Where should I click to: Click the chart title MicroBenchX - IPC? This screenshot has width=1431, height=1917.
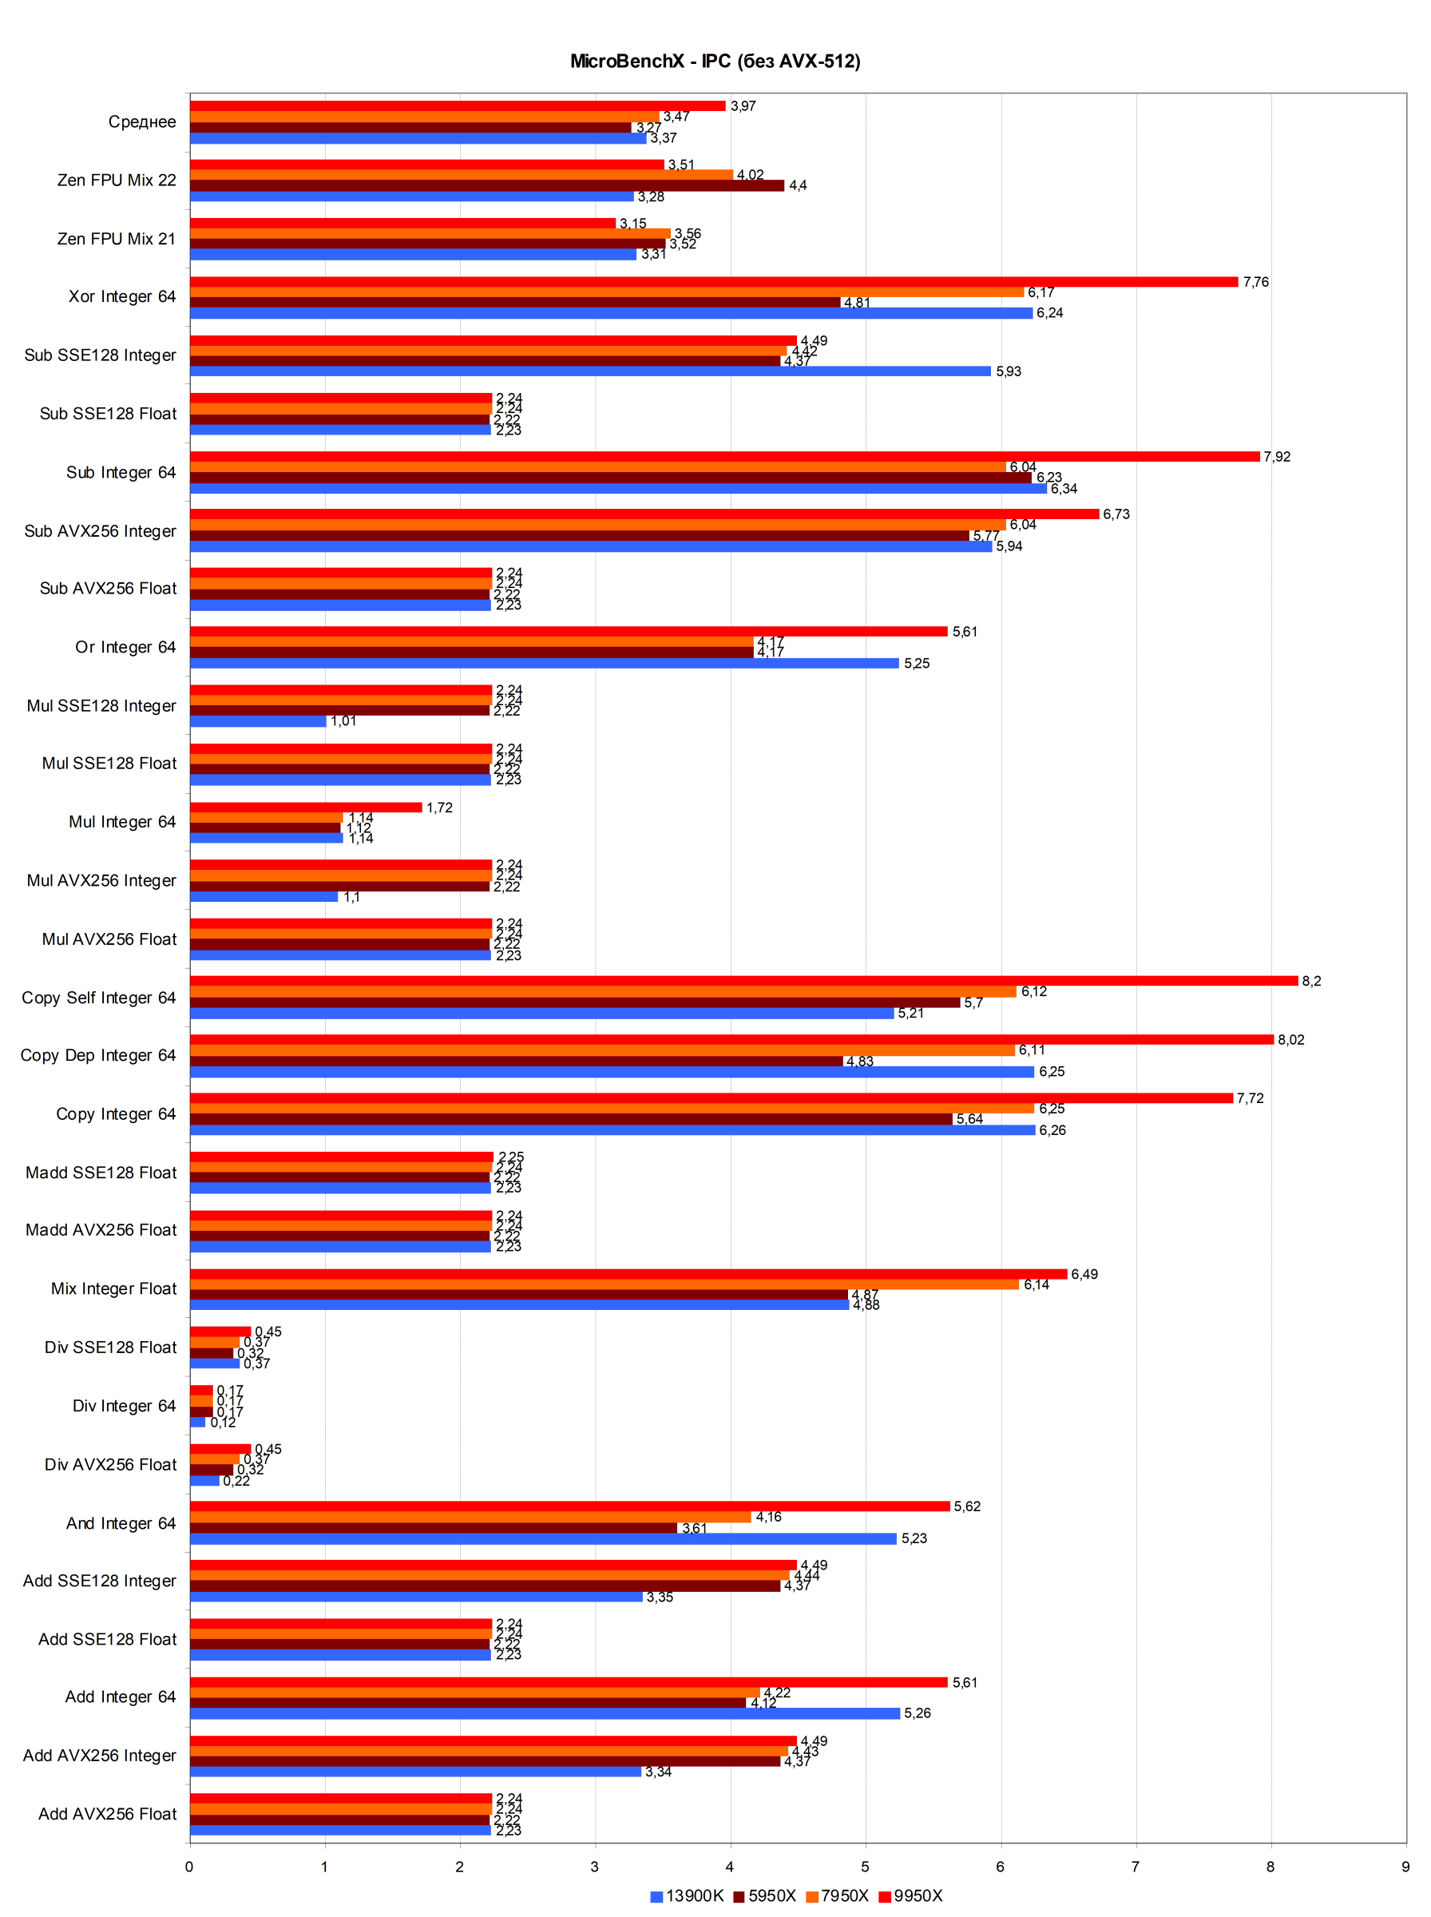point(715,62)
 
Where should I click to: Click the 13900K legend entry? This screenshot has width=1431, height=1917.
point(687,1895)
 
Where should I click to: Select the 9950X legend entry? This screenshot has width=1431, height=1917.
point(910,1895)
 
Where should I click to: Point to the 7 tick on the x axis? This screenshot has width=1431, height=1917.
point(1136,1866)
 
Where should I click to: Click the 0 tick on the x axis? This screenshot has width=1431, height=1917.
point(190,1866)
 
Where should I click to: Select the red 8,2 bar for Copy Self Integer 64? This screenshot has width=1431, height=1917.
point(743,981)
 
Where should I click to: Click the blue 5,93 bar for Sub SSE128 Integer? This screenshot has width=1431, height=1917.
point(590,371)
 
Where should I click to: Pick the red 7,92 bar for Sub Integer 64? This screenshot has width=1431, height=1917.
point(724,457)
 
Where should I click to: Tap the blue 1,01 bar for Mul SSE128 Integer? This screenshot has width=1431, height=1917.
point(258,720)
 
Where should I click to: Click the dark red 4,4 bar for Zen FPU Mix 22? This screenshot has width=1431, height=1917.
point(487,185)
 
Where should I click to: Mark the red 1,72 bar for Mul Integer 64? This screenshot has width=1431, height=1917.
point(306,808)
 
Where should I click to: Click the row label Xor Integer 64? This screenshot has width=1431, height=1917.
point(122,296)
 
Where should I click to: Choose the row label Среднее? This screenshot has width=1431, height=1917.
point(142,121)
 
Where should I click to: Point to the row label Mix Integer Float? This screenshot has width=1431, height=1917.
point(113,1288)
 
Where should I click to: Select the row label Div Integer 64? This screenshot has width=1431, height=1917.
point(124,1405)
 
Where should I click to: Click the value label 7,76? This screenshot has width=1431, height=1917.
point(1255,281)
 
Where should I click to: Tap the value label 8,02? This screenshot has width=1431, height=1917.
point(1290,1039)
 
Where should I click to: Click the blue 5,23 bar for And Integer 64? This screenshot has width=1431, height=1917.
point(543,1538)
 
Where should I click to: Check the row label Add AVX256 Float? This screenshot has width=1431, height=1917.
point(108,1814)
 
